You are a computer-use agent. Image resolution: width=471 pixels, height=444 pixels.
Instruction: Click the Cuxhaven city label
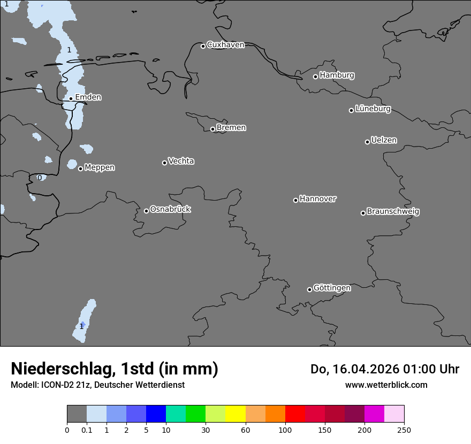[225, 45]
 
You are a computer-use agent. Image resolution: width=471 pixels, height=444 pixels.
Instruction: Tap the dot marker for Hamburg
[316, 76]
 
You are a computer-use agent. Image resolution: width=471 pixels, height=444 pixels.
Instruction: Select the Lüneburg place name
[373, 109]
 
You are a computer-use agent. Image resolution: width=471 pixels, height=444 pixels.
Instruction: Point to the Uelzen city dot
[367, 142]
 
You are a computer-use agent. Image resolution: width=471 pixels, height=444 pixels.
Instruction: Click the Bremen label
[231, 128]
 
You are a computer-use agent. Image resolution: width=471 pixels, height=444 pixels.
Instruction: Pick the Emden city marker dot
[71, 98]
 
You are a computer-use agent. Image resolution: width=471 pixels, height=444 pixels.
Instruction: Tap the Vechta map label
[181, 161]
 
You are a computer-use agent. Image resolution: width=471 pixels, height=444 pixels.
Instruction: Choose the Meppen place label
[100, 167]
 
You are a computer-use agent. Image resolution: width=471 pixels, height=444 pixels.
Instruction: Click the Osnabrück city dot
[146, 211]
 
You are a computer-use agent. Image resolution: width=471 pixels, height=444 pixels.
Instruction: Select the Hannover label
[318, 199]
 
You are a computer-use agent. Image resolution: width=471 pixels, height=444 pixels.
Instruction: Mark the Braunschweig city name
[393, 212]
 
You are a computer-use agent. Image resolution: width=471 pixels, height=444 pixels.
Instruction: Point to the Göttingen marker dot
[309, 289]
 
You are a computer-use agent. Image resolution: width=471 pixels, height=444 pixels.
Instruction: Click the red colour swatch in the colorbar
[295, 414]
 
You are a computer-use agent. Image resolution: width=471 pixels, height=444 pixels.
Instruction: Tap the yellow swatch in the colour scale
[236, 414]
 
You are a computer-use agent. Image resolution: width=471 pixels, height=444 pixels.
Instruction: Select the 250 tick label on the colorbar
[404, 430]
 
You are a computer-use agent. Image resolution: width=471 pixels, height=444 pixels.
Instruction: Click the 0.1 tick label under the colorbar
[87, 430]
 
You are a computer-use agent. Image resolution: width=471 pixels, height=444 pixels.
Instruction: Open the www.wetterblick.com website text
[386, 385]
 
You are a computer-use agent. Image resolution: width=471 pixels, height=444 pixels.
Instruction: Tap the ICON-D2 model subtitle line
[97, 385]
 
